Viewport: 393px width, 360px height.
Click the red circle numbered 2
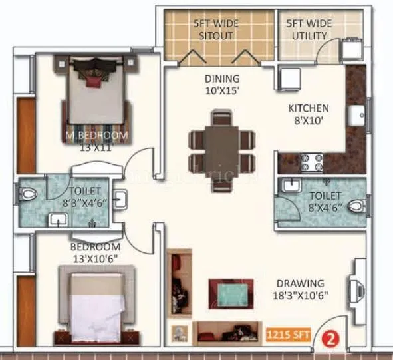click(328, 337)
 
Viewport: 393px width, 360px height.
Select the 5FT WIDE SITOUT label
click(216, 29)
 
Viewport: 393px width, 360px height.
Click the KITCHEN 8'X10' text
click(308, 114)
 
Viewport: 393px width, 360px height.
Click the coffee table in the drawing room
click(231, 293)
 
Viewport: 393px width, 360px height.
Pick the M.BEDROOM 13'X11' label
click(96, 141)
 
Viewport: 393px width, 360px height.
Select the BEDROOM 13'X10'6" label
click(96, 252)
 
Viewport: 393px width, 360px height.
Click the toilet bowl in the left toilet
click(27, 194)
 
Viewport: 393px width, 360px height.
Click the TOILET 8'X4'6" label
click(325, 201)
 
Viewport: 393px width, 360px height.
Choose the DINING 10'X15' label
click(221, 84)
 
